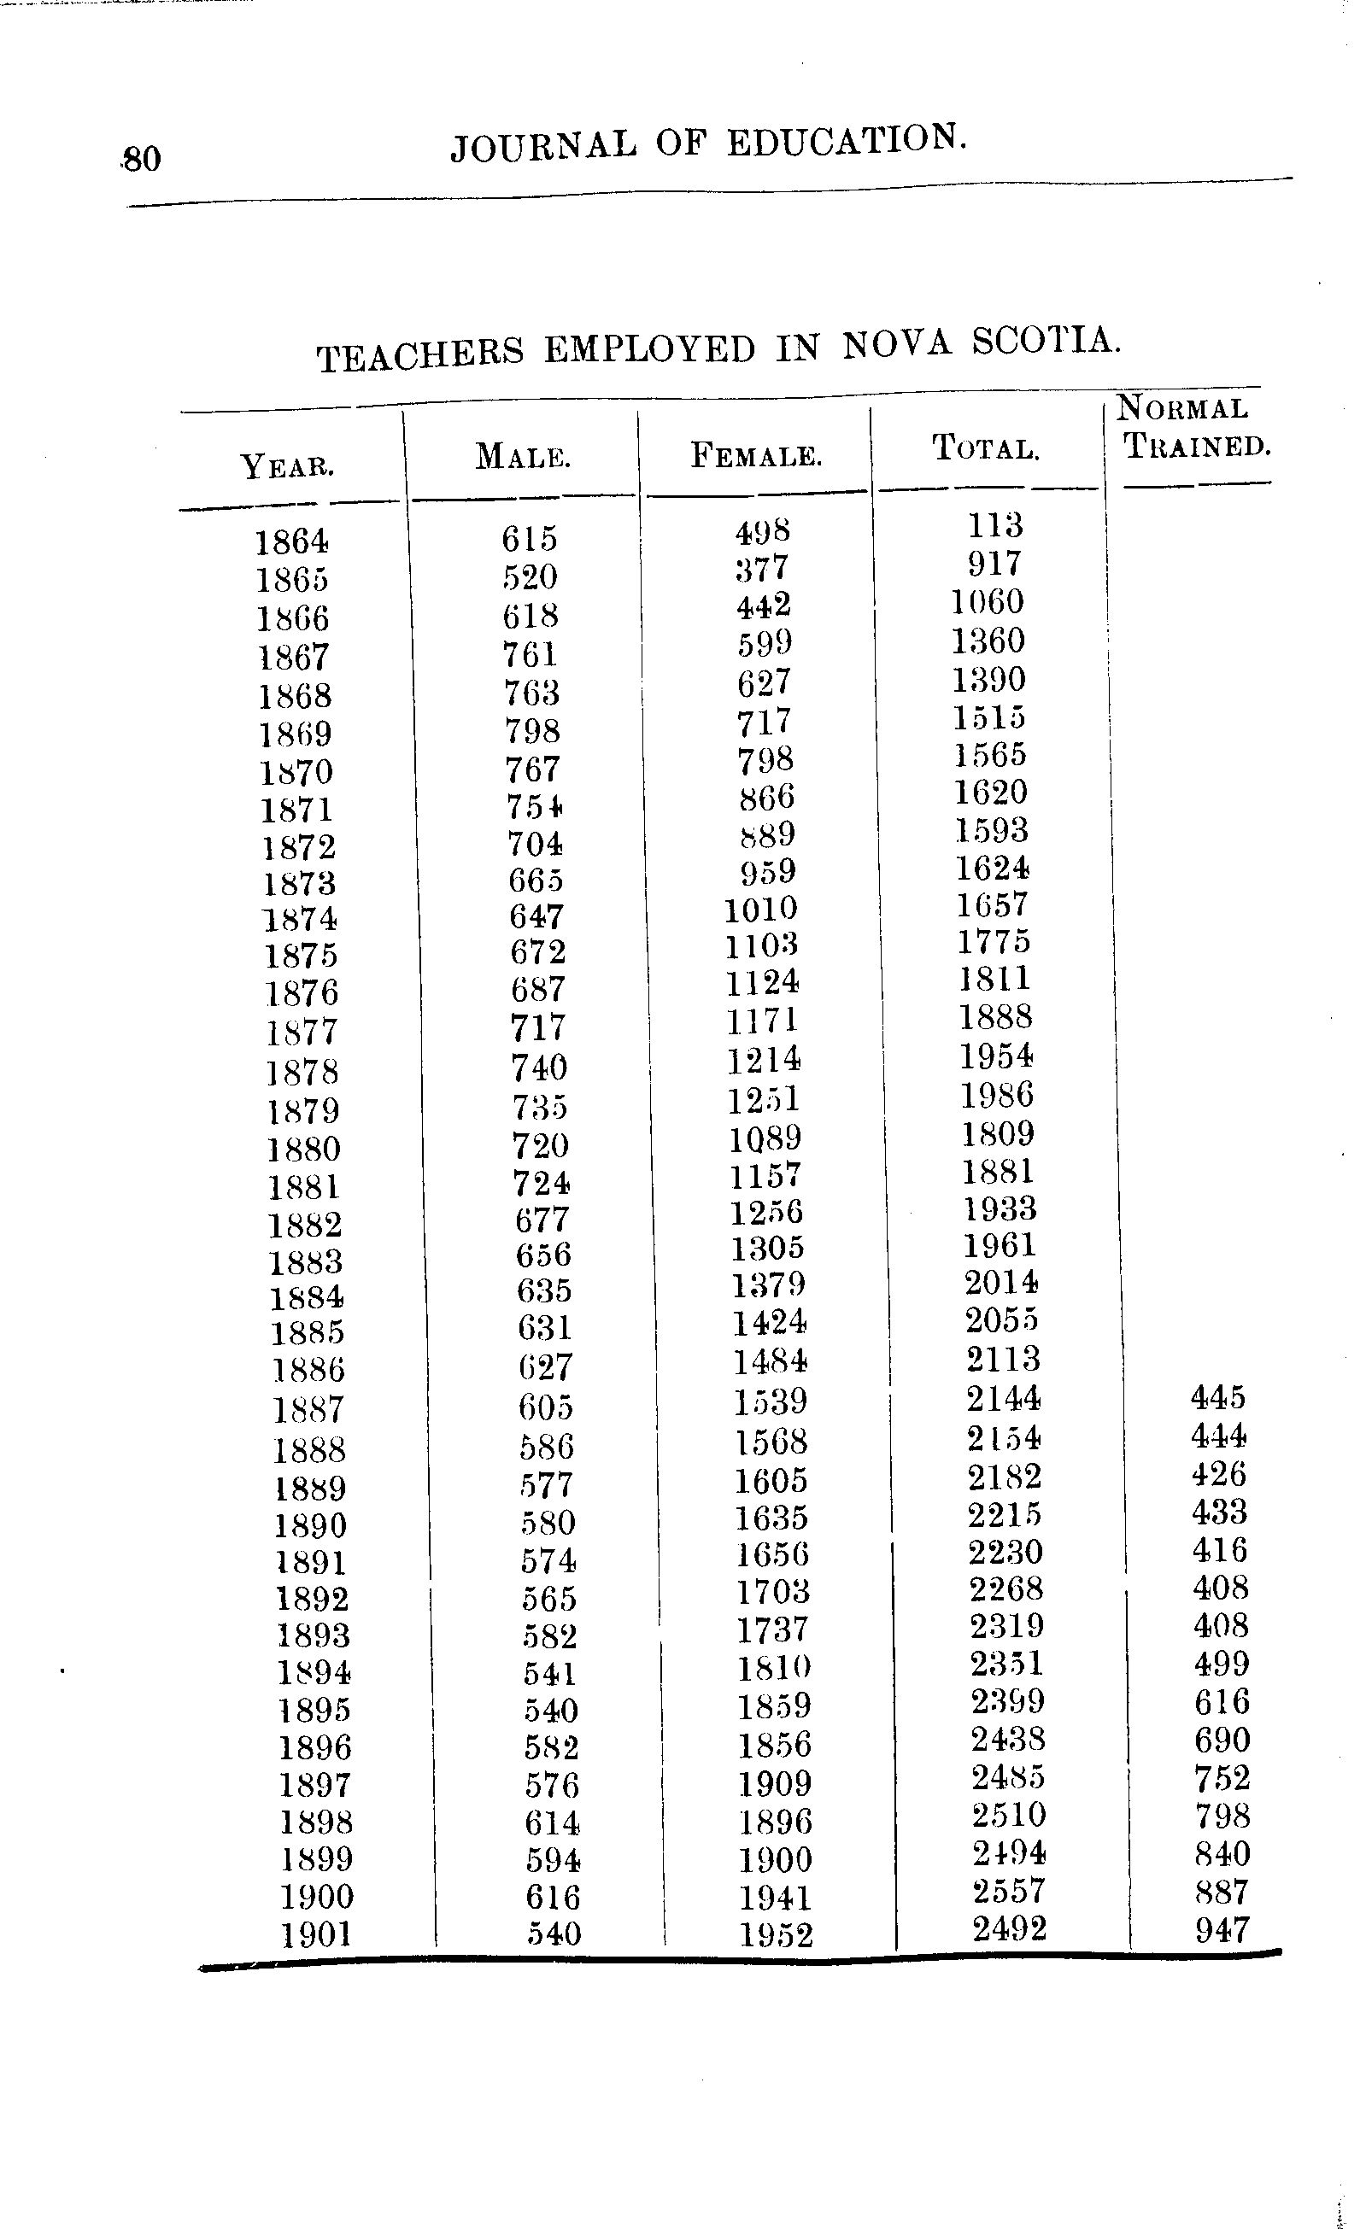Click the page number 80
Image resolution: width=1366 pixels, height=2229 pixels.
point(142,159)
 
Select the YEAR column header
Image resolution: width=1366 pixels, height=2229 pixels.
point(288,467)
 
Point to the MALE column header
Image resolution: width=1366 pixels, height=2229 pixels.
point(523,456)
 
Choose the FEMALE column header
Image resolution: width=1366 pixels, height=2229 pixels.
point(756,453)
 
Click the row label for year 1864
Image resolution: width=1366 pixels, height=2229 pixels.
point(291,541)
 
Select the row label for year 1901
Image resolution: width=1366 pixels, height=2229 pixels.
point(316,1935)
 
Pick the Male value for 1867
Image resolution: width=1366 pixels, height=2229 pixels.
point(531,654)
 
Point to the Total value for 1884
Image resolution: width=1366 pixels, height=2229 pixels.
point(1001,1282)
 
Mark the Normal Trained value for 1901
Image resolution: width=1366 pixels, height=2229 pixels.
point(1223,1929)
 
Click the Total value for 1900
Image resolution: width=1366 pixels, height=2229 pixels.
point(1009,1890)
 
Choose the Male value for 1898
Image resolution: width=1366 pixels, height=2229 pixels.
point(552,1821)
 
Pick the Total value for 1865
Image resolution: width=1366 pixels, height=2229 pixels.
point(994,564)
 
